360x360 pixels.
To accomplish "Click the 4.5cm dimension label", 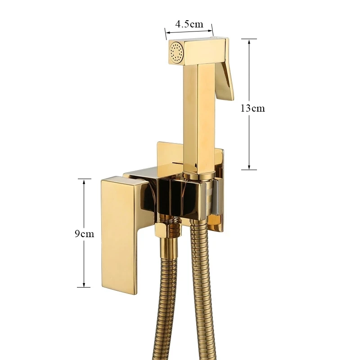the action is coord(189,24).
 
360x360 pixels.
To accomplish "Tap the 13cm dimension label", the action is coord(252,108).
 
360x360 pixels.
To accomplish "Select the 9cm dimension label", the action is coord(84,234).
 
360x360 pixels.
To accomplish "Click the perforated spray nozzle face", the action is coord(176,52).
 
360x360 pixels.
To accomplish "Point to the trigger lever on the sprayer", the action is coord(225,78).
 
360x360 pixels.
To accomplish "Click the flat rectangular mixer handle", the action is coord(119,234).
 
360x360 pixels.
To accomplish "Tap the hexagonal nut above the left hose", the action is coord(161,230).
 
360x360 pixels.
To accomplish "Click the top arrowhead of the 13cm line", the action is coord(249,42).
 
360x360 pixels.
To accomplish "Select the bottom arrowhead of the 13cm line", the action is coord(249,167).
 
